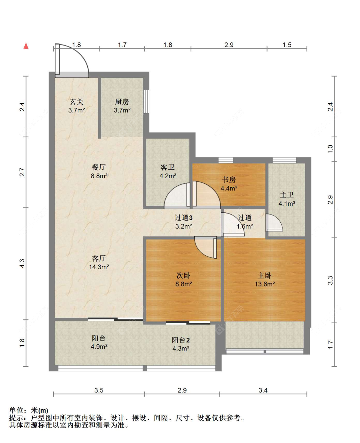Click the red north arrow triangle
click(26, 46)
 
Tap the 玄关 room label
click(76, 102)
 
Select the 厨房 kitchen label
click(122, 102)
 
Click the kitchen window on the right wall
click(147, 101)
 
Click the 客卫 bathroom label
click(168, 167)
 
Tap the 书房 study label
click(229, 180)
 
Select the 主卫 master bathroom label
click(287, 195)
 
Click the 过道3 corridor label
click(184, 218)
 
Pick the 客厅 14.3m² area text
click(99, 267)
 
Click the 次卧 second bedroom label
click(183, 276)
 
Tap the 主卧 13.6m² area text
click(265, 284)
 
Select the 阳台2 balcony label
click(181, 340)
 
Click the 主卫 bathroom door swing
click(274, 222)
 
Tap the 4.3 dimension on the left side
click(22, 263)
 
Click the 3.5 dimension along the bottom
click(99, 391)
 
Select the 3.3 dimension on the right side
click(330, 280)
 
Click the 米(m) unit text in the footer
click(39, 410)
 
